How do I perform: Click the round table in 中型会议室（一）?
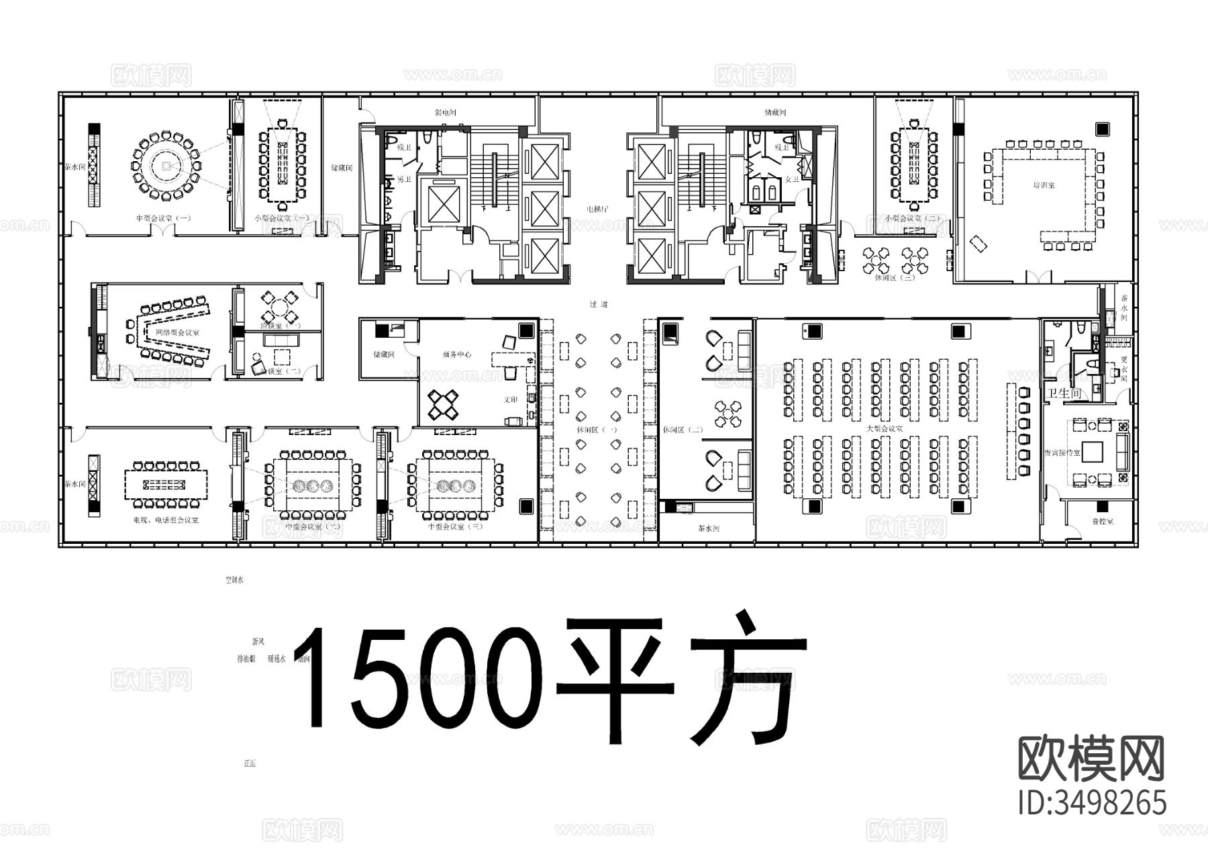pyautogui.click(x=165, y=166)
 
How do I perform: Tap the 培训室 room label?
pyautogui.click(x=1044, y=184)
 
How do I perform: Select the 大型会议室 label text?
pyautogui.click(x=884, y=428)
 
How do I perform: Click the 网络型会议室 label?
pyautogui.click(x=177, y=332)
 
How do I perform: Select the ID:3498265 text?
pyautogui.click(x=1092, y=803)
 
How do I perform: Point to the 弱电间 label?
pyautogui.click(x=446, y=113)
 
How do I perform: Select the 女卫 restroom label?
pyautogui.click(x=792, y=179)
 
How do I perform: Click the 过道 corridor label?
pyautogui.click(x=598, y=304)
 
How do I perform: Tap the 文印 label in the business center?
pyautogui.click(x=511, y=400)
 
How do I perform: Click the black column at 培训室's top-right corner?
pyautogui.click(x=1103, y=128)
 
